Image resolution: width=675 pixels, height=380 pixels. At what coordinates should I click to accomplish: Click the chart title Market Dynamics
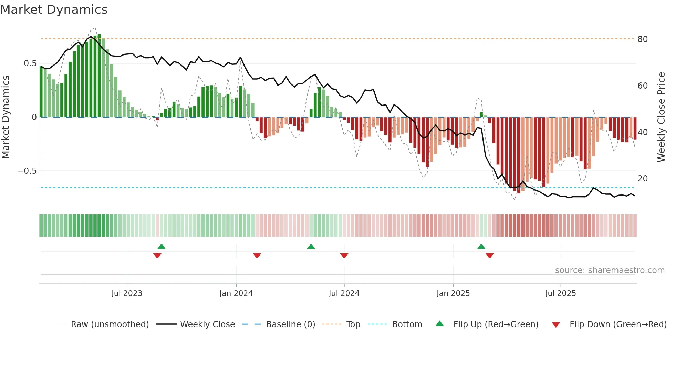54,10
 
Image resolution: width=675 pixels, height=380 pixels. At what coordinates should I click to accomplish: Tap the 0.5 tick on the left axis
30,63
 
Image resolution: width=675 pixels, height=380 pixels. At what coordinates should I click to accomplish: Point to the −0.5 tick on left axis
27,171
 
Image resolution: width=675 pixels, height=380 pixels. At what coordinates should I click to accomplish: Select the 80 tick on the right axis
643,39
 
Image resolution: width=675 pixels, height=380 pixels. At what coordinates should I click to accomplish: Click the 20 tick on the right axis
643,178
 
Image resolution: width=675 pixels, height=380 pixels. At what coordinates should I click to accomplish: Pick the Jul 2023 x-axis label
127,293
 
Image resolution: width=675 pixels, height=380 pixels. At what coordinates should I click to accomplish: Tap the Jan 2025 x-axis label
453,293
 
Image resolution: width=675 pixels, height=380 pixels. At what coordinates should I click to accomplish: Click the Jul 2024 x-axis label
344,293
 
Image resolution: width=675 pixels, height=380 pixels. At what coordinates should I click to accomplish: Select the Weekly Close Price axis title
661,117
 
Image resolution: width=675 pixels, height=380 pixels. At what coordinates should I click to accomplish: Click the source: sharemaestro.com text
610,270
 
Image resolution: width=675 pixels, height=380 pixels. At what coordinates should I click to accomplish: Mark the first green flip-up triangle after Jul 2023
162,247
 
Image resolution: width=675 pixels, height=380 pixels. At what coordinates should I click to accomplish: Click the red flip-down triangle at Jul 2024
344,256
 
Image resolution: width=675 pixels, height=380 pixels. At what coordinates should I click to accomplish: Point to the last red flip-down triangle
490,256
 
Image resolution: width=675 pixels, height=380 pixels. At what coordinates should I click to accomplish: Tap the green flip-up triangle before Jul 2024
311,247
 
